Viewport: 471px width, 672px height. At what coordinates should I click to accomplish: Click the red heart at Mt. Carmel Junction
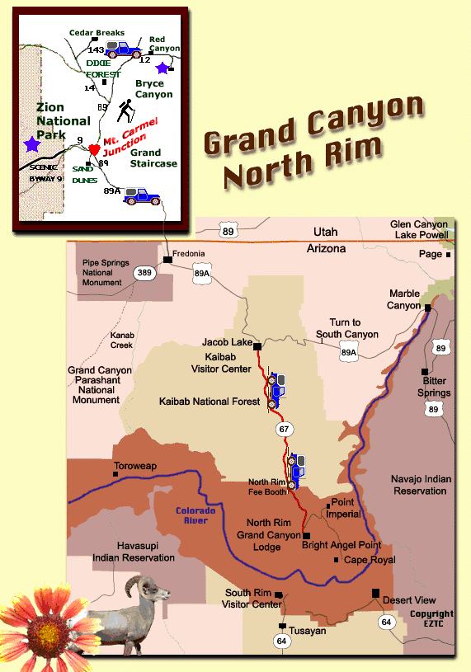click(95, 149)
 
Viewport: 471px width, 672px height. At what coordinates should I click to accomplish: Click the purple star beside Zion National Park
click(32, 144)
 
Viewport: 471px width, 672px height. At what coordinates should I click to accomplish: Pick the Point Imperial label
click(346, 509)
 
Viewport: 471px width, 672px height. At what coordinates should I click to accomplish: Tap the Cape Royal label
click(370, 560)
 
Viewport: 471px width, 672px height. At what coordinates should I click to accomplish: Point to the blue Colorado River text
click(195, 516)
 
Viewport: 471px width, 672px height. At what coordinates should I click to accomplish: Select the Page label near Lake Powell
click(430, 255)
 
